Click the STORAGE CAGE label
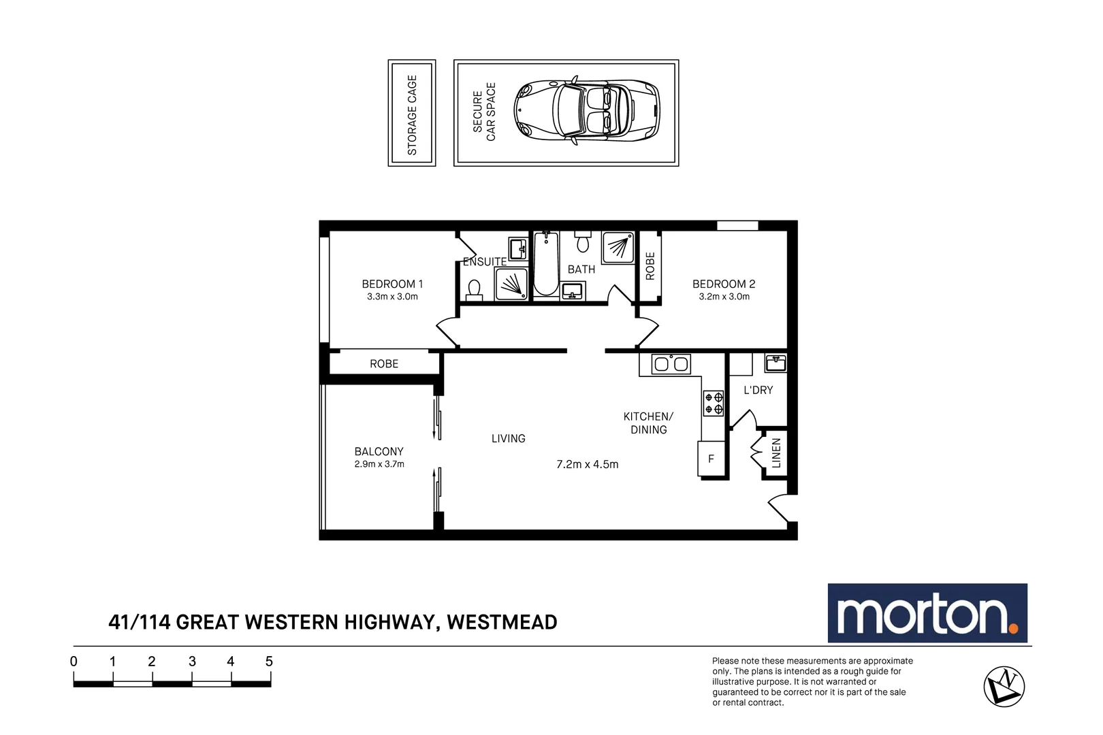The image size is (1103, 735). coord(412,114)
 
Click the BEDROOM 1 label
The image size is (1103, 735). coord(392,284)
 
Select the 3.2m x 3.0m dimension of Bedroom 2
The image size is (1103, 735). coord(724,297)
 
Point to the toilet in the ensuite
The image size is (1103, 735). coord(475,291)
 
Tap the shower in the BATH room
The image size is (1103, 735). coord(618,247)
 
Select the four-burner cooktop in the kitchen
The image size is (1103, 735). coord(713,403)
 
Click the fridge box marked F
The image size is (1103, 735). coord(711,459)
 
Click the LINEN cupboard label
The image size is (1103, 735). coord(776,453)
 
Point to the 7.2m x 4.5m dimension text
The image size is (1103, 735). coord(587,464)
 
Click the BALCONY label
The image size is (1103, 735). coord(379,451)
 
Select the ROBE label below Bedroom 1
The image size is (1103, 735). coord(384,364)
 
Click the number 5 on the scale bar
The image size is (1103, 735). coord(269,661)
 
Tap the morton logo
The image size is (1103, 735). coord(927,613)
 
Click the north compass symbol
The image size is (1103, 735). coord(1004,686)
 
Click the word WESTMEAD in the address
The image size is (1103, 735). coord(502,622)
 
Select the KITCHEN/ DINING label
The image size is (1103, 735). coord(648,423)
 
